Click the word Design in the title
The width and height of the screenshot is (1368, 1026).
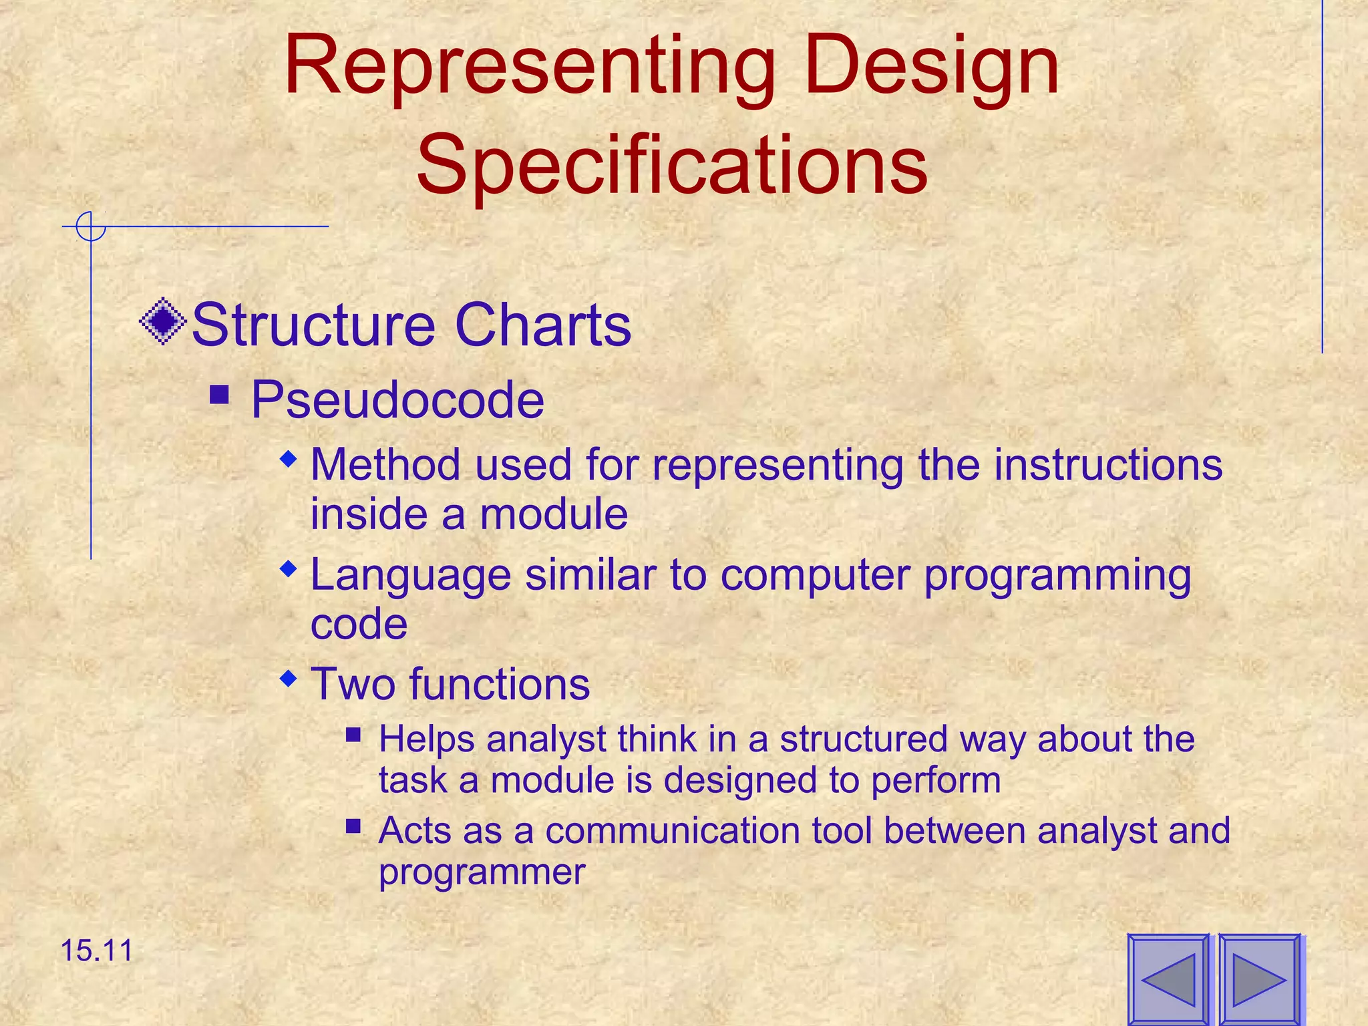point(932,70)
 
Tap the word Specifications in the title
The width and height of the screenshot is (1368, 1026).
point(671,165)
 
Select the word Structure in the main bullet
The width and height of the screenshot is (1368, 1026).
point(313,325)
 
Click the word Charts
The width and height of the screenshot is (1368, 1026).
point(542,325)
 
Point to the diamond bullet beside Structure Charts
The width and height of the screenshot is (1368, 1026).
point(163,322)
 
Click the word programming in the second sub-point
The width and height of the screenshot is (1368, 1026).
point(1057,576)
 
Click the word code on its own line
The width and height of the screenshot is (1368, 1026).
point(359,624)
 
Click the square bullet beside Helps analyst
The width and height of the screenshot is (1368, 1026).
point(353,736)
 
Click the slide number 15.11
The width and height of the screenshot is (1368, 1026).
point(97,951)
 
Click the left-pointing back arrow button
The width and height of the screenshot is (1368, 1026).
point(1168,979)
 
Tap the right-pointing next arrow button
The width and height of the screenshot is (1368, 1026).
point(1259,979)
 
